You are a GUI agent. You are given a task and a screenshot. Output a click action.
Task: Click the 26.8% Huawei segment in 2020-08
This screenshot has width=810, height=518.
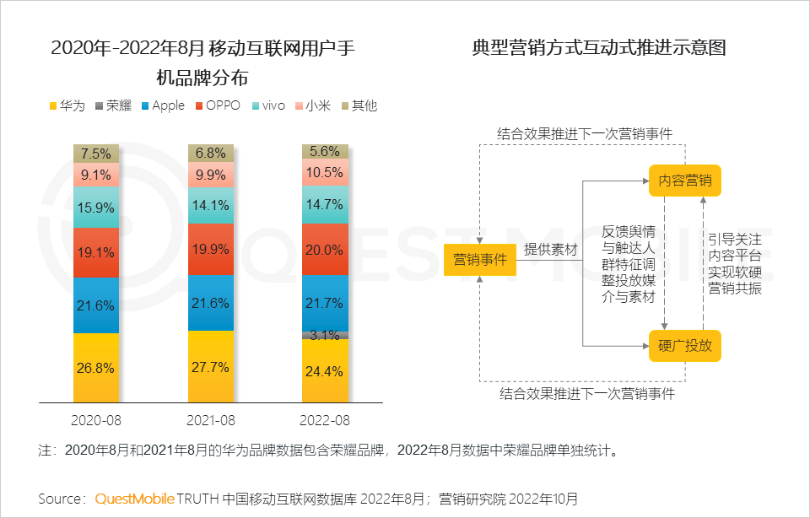[96, 368]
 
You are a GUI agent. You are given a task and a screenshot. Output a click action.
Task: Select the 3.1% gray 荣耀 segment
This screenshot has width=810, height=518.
[326, 335]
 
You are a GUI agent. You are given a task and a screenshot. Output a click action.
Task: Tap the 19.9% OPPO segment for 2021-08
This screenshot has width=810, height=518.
[211, 249]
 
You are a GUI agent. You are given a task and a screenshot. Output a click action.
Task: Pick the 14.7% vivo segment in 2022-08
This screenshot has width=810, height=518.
[326, 204]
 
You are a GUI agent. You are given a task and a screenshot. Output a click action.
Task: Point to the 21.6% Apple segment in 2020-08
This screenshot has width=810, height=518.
[96, 305]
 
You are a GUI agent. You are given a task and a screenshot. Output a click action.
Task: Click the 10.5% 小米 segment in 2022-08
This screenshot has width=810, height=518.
[326, 172]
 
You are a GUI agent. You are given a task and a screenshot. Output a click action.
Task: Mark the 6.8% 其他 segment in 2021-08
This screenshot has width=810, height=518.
[211, 153]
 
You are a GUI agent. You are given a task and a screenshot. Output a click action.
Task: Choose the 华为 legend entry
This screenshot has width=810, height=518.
[67, 105]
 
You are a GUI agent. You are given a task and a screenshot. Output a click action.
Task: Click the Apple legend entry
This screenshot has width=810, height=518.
[162, 105]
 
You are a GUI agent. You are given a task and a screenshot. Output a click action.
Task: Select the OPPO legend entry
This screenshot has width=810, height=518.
[217, 105]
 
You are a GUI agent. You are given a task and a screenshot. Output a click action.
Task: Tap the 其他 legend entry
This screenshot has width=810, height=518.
[358, 105]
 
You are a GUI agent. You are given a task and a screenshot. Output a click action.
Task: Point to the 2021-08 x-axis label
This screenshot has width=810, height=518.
[211, 419]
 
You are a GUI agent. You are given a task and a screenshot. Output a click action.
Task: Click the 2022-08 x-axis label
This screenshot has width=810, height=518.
[326, 419]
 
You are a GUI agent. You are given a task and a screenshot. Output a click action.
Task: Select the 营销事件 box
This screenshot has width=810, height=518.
[479, 259]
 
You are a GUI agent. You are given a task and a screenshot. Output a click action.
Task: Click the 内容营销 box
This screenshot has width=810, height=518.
[684, 181]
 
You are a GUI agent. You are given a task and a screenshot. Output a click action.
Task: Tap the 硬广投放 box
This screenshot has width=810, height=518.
[684, 345]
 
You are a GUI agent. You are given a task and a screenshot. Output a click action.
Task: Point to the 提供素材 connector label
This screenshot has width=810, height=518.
[550, 250]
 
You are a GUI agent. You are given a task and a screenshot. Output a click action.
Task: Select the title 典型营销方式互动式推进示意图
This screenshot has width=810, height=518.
[599, 48]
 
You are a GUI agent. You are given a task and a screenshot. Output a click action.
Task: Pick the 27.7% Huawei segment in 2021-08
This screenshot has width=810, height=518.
[211, 366]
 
